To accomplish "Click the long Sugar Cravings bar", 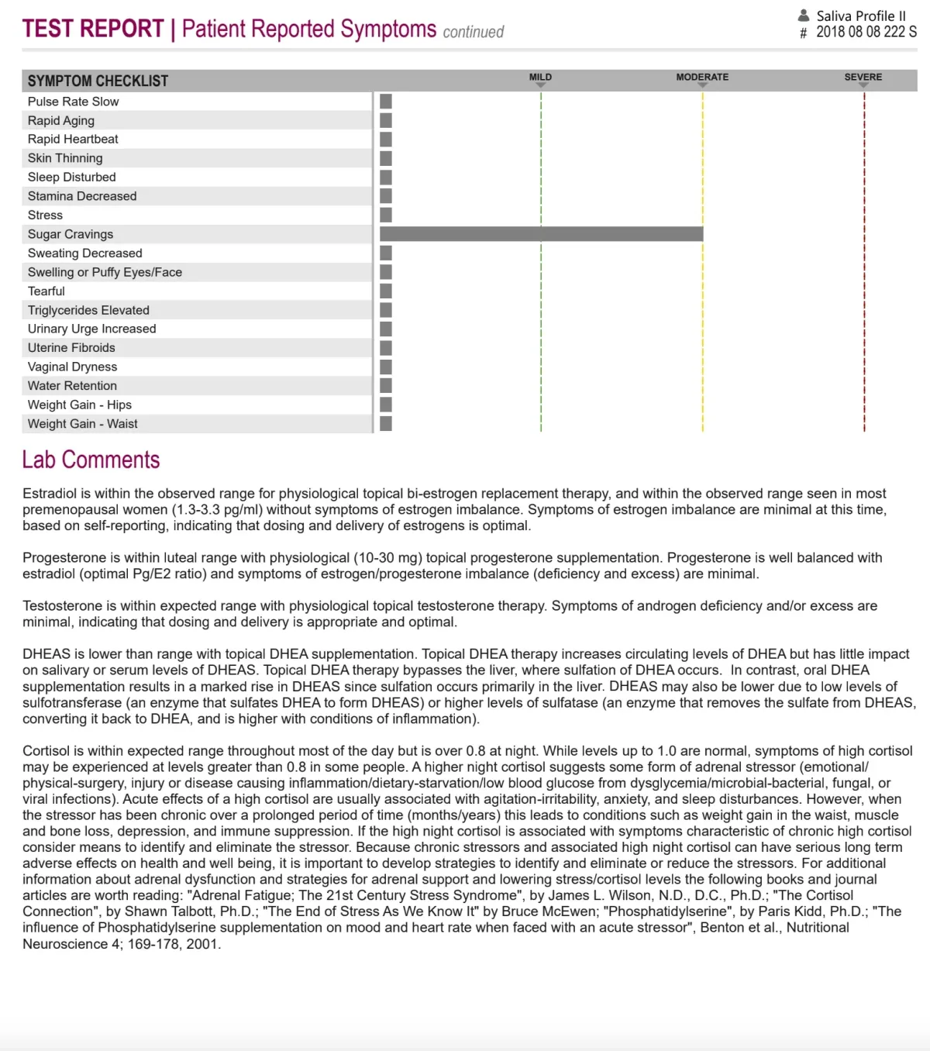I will (x=541, y=234).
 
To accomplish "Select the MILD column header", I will (x=540, y=78).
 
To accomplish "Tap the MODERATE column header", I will (x=702, y=78).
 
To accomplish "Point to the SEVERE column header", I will (x=863, y=78).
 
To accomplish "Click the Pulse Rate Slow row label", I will (x=74, y=102).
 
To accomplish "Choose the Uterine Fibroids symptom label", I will (x=71, y=348).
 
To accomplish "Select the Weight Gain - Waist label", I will (x=83, y=424).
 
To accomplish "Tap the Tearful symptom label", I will (x=46, y=291).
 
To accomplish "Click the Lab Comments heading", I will (x=91, y=460).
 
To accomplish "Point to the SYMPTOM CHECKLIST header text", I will (x=98, y=81).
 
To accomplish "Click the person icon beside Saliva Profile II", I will (x=804, y=16).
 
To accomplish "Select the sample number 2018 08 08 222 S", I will (x=866, y=32).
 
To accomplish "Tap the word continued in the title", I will (x=474, y=32).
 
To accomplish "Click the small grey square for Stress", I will (x=386, y=215).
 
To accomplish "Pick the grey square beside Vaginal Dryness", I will (x=386, y=367).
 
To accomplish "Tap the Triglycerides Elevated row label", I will (x=88, y=310).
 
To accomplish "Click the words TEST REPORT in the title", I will (x=93, y=29).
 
